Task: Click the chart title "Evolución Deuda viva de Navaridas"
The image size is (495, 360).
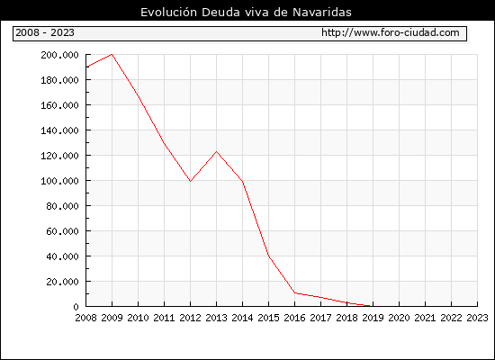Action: pos(246,13)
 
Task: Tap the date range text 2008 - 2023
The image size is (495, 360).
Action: pos(45,32)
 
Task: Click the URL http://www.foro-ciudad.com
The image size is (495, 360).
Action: pos(391,32)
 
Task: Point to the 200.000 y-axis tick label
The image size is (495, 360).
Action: pos(59,55)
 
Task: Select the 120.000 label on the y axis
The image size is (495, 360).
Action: pos(59,156)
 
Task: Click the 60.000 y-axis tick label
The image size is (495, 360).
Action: pos(62,231)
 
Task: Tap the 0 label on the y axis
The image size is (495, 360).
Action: pos(76,307)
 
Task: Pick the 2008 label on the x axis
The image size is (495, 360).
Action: pos(85,318)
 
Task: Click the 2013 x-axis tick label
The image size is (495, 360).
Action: pos(216,318)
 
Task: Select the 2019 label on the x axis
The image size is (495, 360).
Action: pos(373,318)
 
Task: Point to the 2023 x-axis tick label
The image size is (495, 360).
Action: pos(477,318)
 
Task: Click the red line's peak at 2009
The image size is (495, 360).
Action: pos(112,54)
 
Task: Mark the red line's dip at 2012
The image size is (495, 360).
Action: pos(191,181)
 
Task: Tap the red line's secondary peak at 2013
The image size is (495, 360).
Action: pos(216,152)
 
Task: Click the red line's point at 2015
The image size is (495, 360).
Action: pos(269,256)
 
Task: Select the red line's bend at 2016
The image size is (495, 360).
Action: pos(295,293)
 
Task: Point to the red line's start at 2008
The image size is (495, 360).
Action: pos(86,67)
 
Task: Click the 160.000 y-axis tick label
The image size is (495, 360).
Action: pos(59,105)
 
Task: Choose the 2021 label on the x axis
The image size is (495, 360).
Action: pos(425,318)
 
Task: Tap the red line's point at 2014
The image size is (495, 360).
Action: pos(242,182)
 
